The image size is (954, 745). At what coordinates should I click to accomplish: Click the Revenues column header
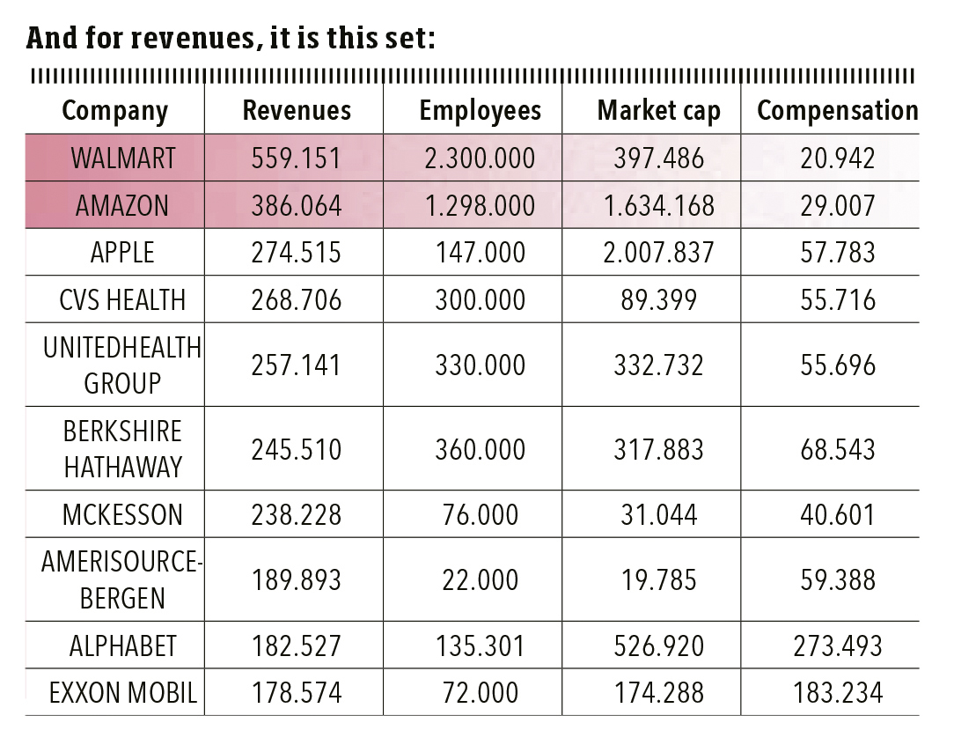(297, 110)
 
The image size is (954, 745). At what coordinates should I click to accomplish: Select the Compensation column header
(837, 110)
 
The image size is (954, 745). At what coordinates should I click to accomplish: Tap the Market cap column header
(658, 110)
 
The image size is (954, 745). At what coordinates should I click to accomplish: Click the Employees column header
(480, 110)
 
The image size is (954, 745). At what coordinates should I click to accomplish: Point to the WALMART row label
(123, 159)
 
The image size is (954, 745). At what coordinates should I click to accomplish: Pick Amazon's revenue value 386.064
(297, 205)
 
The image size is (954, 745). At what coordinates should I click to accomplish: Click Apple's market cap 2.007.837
(658, 253)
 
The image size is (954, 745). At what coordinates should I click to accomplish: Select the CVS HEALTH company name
(123, 300)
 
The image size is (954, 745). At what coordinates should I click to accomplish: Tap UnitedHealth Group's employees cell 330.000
(480, 365)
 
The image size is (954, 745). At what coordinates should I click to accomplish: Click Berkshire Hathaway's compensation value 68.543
(837, 450)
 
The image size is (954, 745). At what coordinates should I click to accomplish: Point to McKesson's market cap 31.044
(658, 514)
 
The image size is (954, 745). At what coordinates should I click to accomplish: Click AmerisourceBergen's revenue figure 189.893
(297, 579)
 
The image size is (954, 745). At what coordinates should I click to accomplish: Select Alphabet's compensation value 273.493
(837, 645)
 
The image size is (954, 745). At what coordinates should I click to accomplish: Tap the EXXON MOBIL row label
(123, 693)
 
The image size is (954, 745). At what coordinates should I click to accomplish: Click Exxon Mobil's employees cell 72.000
(480, 693)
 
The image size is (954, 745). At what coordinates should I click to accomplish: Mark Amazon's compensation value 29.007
(837, 205)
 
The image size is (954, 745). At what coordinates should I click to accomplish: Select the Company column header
(114, 111)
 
